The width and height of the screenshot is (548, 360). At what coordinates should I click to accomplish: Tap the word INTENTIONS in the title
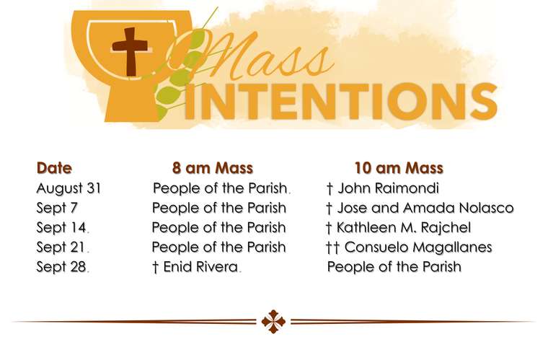tap(342, 101)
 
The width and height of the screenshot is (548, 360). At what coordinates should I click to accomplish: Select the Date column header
tap(54, 168)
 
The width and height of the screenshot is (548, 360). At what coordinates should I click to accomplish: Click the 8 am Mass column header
tap(213, 168)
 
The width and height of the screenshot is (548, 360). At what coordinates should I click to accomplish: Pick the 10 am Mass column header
tap(399, 168)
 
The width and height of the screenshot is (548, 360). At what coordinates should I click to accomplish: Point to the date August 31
tap(68, 188)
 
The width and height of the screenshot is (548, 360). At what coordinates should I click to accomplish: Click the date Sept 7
tap(57, 208)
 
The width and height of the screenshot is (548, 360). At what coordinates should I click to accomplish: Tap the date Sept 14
tap(61, 227)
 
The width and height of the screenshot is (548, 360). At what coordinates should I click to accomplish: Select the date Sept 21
tap(61, 247)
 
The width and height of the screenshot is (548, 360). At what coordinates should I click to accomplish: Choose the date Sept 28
tap(61, 267)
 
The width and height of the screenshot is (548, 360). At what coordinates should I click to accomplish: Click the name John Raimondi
tap(388, 188)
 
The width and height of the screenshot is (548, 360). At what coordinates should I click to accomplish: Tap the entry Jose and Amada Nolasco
tap(425, 208)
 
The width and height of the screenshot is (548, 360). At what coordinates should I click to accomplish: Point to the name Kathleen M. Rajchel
tap(404, 227)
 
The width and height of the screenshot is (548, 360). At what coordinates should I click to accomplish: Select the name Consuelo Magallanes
tap(418, 247)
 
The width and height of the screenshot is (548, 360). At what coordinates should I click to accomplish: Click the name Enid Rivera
tap(200, 267)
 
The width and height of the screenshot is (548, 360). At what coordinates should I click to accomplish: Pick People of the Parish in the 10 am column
tap(394, 267)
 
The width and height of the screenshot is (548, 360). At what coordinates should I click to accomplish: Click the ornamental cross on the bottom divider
tap(273, 322)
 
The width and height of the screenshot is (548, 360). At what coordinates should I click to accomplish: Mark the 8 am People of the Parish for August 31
tap(220, 188)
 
